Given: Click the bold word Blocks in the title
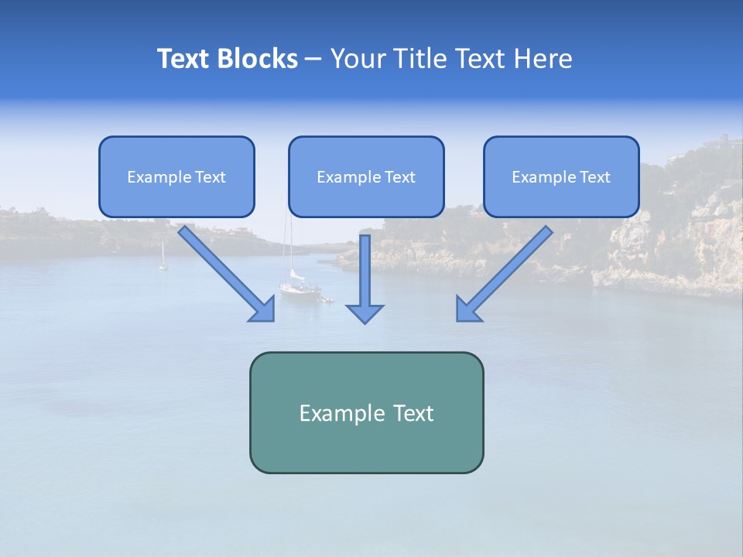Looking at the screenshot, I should (x=259, y=59).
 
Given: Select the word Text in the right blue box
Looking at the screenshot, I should (x=594, y=177).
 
